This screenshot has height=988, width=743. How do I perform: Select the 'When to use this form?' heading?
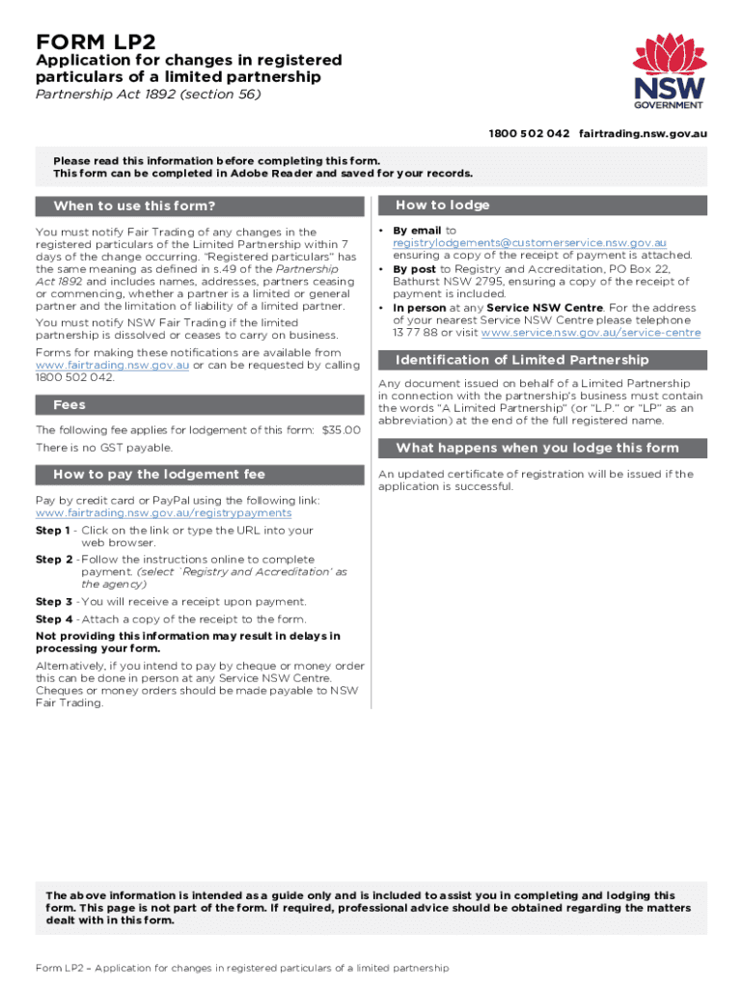(134, 206)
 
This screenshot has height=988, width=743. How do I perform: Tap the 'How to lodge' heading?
(443, 206)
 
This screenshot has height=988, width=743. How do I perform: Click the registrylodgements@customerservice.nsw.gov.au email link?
(529, 243)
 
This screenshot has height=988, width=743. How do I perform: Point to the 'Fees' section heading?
(70, 404)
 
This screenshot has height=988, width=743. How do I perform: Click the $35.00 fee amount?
(343, 430)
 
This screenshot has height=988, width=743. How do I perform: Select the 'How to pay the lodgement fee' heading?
(159, 474)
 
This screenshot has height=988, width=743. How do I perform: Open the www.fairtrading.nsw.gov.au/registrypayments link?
(163, 513)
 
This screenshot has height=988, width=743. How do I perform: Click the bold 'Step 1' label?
(52, 531)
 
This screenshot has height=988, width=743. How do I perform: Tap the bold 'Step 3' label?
(52, 601)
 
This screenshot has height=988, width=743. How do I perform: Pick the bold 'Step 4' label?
(52, 619)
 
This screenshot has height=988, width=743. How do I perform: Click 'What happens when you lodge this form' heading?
(537, 448)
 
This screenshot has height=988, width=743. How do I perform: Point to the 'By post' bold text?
(415, 269)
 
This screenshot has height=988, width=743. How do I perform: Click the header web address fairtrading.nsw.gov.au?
(643, 133)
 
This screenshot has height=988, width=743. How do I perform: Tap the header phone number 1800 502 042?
(529, 133)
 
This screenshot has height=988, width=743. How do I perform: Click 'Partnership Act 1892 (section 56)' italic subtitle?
(148, 95)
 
